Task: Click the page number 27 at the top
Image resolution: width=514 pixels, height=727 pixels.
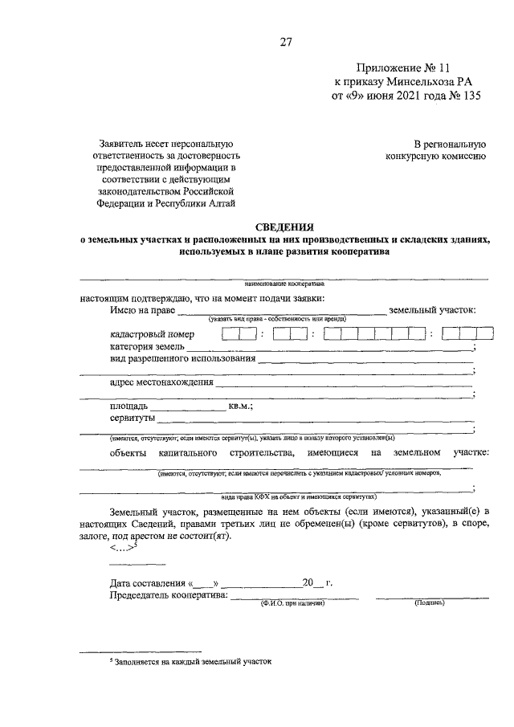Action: tap(285, 43)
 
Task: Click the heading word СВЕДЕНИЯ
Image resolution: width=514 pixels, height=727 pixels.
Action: tap(285, 227)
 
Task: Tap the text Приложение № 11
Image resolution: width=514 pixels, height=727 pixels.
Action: tap(398, 69)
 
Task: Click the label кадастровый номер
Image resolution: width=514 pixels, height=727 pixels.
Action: tap(152, 334)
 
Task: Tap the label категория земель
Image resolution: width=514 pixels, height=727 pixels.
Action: tap(149, 345)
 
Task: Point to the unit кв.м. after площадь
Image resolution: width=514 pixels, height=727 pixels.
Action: tap(240, 406)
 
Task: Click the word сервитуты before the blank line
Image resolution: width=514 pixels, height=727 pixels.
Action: tap(133, 419)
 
